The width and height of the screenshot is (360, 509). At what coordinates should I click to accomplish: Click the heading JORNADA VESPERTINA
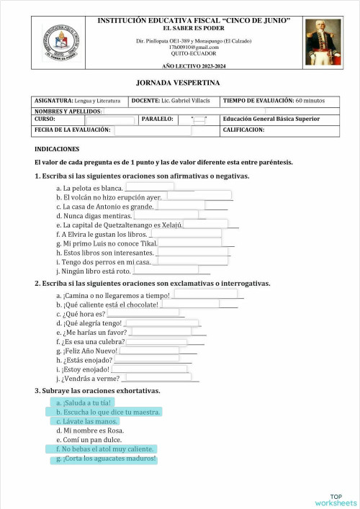point(179,84)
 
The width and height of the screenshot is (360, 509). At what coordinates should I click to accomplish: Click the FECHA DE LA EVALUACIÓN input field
point(153,130)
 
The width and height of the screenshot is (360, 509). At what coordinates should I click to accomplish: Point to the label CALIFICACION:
point(244,130)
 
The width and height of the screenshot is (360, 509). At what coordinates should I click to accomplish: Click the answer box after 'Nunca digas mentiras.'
point(166,215)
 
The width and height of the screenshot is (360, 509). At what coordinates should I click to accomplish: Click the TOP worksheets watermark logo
point(336,499)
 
